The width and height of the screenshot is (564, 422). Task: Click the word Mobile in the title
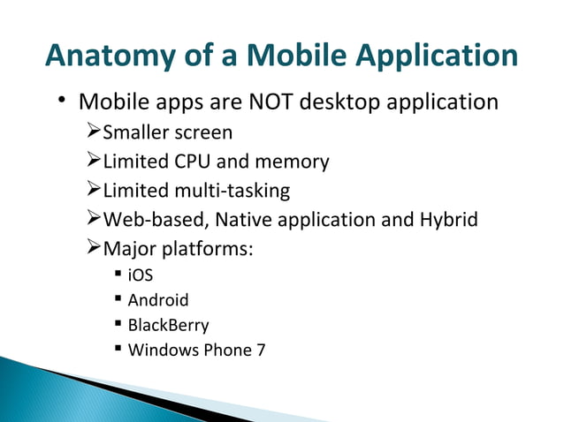click(282, 56)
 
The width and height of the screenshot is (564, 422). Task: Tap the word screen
click(202, 133)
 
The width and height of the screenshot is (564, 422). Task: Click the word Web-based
click(146, 219)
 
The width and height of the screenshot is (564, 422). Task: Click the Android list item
click(158, 299)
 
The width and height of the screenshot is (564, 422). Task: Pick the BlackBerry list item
click(168, 324)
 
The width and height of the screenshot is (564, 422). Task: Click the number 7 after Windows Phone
click(260, 349)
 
